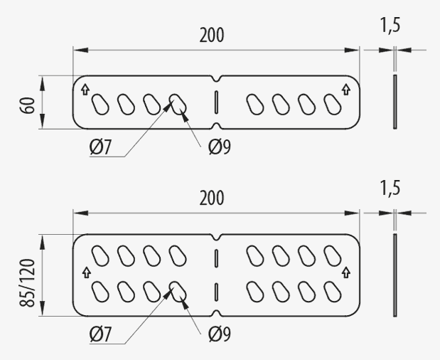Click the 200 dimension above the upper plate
tap(212, 35)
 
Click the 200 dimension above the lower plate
tap(212, 198)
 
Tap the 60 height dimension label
tap(28, 105)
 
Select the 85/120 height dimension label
tap(28, 282)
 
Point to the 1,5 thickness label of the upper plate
tap(390, 26)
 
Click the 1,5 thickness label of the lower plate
tap(390, 188)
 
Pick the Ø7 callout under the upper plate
tap(100, 147)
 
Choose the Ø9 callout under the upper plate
tap(220, 147)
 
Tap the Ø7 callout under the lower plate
tap(100, 334)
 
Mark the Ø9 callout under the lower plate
tap(220, 334)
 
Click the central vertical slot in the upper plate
tap(216, 102)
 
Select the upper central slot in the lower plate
tap(216, 258)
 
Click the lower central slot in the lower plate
tap(216, 292)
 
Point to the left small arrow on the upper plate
tap(85, 90)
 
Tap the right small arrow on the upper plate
tap(346, 90)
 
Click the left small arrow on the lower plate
tap(86, 272)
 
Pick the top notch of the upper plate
tap(216, 79)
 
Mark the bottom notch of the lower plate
tap(216, 313)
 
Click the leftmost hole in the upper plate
tap(100, 105)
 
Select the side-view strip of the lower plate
tap(395, 275)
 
